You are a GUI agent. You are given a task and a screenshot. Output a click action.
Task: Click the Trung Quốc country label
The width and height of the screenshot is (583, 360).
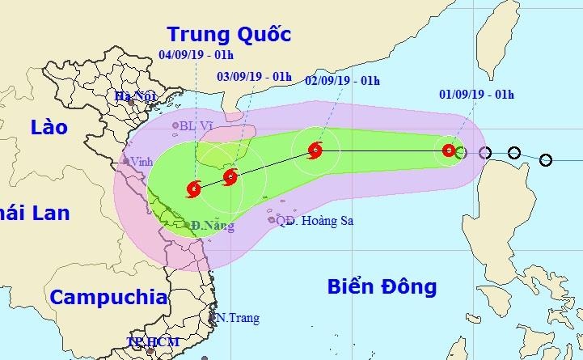coord(228,34)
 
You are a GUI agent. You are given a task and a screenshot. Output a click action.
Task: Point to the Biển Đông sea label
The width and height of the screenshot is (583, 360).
coord(382,286)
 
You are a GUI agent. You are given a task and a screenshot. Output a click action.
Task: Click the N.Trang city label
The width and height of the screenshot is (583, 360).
coord(238,318)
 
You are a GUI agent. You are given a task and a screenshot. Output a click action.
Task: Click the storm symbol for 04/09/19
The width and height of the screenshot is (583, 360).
coord(194,189)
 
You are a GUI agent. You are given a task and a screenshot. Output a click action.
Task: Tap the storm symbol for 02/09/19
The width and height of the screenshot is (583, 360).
coord(315,150)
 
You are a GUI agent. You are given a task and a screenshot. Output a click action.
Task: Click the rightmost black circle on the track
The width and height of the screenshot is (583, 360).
coord(546,159)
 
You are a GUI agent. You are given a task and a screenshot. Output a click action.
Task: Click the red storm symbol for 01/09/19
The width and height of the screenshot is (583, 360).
coord(449,150)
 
